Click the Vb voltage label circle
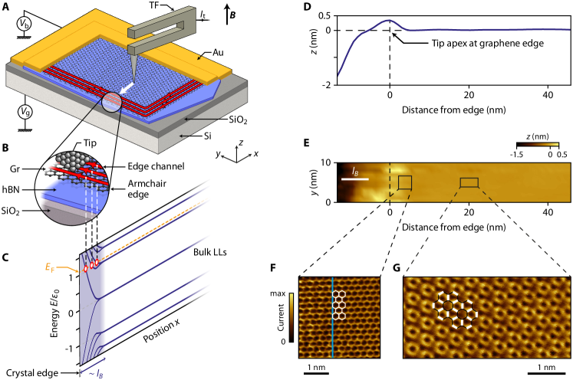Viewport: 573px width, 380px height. tap(23, 25)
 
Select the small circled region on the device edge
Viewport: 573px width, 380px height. tap(111, 102)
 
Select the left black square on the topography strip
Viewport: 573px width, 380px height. tap(404, 182)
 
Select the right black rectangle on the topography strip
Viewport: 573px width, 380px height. tap(469, 182)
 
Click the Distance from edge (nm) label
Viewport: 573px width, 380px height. tap(454, 228)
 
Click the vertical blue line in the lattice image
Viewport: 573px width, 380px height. tap(332, 317)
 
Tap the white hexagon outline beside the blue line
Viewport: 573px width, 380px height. tap(342, 304)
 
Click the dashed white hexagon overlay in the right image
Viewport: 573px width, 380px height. tap(456, 309)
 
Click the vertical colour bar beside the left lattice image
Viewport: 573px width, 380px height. tap(291, 315)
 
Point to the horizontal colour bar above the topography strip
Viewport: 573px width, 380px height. tap(538, 143)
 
